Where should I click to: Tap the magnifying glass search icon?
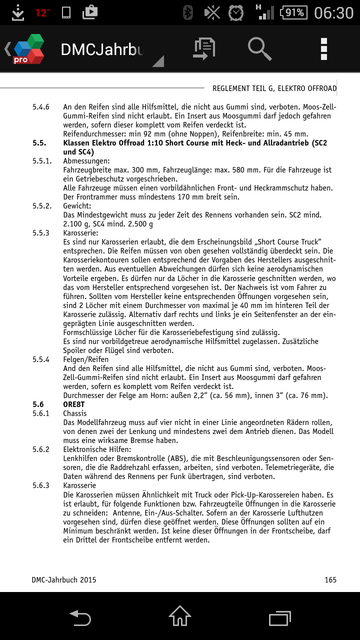tap(259, 49)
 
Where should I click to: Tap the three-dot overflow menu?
tap(324, 49)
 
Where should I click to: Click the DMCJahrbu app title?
tap(102, 49)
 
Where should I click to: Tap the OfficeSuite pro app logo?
tap(28, 49)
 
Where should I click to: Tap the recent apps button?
tap(279, 616)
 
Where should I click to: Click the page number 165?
tap(330, 580)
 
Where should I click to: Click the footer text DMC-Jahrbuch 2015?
tap(64, 580)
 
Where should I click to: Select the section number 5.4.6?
tap(41, 107)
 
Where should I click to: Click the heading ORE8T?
tap(74, 404)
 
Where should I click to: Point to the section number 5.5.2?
tap(42, 206)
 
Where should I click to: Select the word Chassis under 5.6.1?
tap(75, 413)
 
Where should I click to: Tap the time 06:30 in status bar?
tap(333, 12)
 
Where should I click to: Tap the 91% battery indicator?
tap(294, 12)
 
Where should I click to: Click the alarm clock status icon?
tap(236, 12)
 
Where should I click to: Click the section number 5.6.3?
tap(41, 485)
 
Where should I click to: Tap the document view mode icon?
tap(204, 49)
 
